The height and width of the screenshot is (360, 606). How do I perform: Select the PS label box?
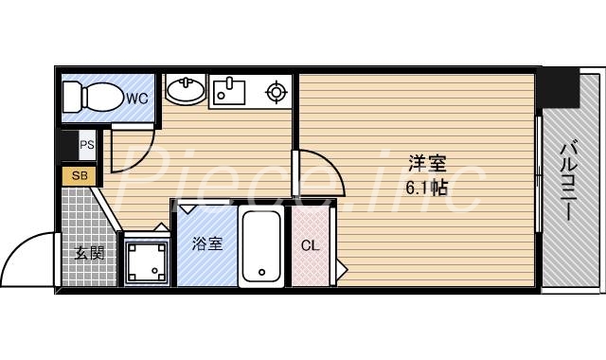(x=86, y=145)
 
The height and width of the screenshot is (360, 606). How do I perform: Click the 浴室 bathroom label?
(x=206, y=244)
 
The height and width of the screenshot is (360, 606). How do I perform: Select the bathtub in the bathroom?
(x=261, y=245)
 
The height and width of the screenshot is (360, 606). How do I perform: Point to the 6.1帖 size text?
(x=426, y=187)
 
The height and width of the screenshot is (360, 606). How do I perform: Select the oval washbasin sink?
(x=185, y=92)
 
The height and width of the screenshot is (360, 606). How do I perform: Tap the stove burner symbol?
(x=276, y=92)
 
